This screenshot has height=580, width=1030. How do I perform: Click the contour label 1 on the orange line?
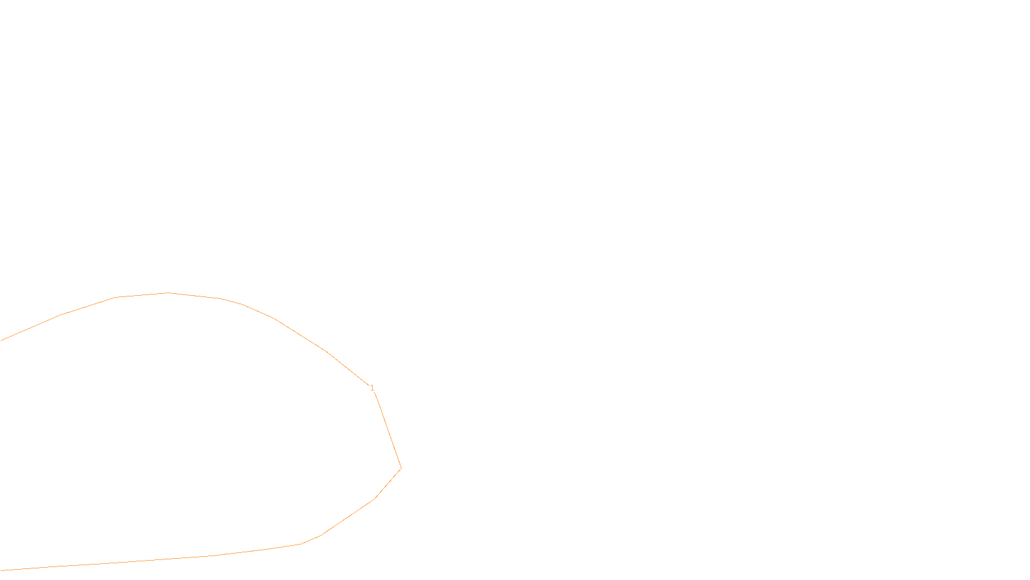[x=372, y=387]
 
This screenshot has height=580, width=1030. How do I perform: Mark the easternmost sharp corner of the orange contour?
[x=401, y=468]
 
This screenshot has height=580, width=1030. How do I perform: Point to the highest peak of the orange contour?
[x=168, y=293]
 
